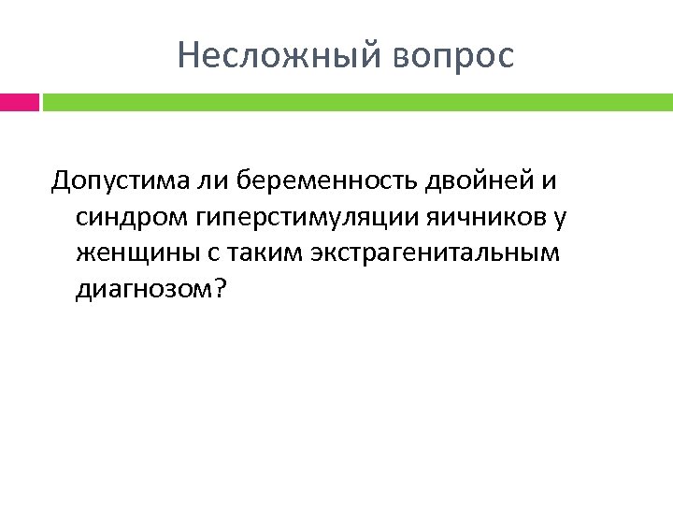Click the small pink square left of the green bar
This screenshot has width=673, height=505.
coord(19,101)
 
